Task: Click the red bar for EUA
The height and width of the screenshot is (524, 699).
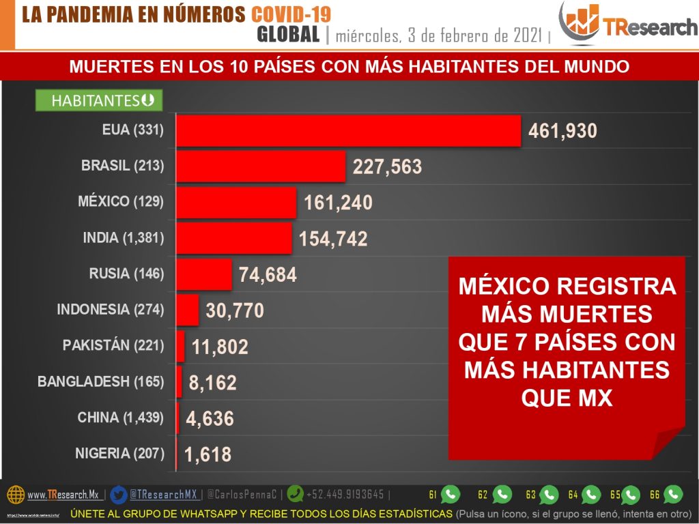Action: pos(348,130)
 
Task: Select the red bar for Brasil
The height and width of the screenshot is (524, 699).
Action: pos(261,166)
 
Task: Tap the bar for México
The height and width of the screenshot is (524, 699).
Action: pos(236,202)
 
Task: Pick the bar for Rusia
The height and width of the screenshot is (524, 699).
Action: pos(204,274)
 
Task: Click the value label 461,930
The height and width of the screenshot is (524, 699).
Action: pos(563,131)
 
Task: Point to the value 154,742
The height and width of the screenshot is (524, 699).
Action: pos(333,239)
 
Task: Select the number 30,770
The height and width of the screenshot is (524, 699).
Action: pos(234,311)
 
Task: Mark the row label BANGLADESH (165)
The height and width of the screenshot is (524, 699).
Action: pos(101,382)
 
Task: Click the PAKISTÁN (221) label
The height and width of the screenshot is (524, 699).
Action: pos(113,346)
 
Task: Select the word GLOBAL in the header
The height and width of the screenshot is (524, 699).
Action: pos(288,35)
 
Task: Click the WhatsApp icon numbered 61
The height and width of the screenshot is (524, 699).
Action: pos(451,494)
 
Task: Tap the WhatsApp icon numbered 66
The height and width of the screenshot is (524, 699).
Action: pos(673,494)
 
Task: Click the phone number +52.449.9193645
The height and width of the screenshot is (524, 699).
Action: pos(345,494)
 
